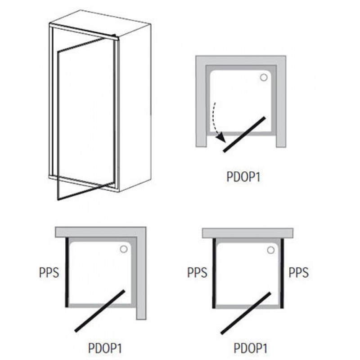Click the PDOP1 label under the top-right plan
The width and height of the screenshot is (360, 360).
coord(243,177)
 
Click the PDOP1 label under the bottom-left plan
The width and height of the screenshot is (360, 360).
coord(105,348)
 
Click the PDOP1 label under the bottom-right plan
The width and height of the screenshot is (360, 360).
coord(251,348)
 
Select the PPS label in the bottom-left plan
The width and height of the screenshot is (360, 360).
coord(49,273)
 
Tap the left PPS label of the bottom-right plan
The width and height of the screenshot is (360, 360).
coord(197,273)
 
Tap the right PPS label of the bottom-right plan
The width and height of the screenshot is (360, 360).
coord(298,273)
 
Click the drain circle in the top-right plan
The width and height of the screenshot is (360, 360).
coord(264,77)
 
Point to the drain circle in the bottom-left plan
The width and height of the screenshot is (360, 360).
coord(124,249)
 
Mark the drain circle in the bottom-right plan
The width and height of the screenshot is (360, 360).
coord(271,250)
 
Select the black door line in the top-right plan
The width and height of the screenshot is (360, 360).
coord(244,134)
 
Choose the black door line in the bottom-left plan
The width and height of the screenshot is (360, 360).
coord(100,311)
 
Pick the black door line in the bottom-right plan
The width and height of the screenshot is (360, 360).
coord(246,313)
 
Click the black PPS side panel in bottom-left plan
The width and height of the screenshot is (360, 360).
coord(67,272)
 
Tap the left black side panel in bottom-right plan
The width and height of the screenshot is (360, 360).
coord(214,273)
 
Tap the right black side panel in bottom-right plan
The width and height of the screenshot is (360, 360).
coord(282,273)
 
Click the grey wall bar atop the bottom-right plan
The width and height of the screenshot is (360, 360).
coord(248,233)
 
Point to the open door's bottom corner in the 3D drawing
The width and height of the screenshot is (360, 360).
coord(58,200)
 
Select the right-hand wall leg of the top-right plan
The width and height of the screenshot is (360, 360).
coord(281,106)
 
